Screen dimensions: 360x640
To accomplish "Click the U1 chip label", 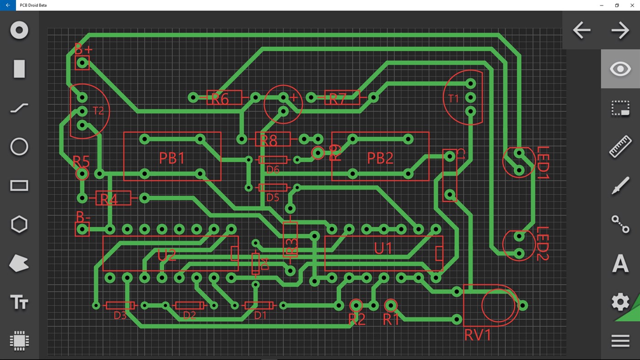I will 383,248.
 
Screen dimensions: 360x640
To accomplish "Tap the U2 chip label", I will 167,255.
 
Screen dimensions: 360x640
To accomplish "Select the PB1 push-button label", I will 172,158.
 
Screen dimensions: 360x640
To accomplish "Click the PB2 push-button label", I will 380,158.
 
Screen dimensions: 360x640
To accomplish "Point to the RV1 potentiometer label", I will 478,335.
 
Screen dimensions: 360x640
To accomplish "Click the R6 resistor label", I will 220,99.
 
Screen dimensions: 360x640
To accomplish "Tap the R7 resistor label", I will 338,99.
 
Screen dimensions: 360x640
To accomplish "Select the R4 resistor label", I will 109,200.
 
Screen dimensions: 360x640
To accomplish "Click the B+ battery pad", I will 82,63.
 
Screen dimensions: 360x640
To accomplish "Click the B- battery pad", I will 82,229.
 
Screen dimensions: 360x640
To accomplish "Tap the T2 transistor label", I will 98,111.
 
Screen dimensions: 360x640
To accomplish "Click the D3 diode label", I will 120,315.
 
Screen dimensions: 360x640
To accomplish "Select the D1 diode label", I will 260,315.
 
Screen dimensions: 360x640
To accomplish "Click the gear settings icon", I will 620,302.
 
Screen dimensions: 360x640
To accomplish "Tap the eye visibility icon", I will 620,69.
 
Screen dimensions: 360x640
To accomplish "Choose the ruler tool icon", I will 620,147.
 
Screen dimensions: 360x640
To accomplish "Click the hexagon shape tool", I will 19,225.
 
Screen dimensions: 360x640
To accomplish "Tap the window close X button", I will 632,5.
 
